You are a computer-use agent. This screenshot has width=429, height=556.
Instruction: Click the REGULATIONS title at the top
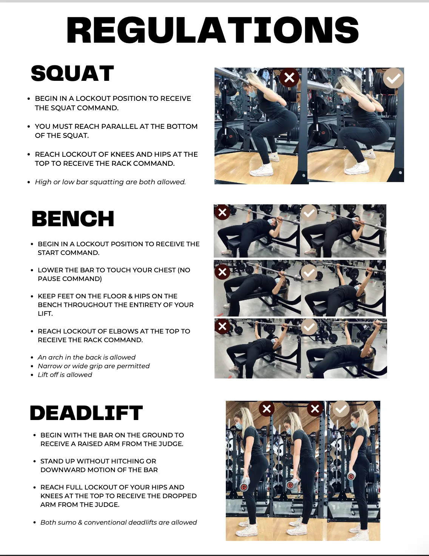point(212,30)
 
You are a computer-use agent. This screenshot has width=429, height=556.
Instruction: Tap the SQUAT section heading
point(72,73)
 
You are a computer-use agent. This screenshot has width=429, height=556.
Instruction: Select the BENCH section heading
point(73,219)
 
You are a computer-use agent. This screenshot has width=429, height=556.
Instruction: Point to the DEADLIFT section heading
point(86,413)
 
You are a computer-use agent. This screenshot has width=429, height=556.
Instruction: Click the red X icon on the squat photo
point(289,77)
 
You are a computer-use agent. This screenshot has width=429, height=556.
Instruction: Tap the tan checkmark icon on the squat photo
point(393,78)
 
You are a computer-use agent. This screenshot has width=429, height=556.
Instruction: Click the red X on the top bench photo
point(222,212)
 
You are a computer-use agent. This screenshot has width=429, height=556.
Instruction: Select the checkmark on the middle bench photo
point(309,272)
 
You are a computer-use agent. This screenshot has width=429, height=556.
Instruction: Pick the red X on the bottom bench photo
point(222,326)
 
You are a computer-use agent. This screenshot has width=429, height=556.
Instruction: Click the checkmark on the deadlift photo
point(341,409)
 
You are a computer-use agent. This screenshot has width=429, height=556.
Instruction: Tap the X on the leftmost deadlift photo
point(267,409)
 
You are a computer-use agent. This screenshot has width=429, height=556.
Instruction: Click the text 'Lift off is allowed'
point(65,375)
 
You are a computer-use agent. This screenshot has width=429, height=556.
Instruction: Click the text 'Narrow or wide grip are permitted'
point(94,366)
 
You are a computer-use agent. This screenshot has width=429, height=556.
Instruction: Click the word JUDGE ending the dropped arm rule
point(107,505)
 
